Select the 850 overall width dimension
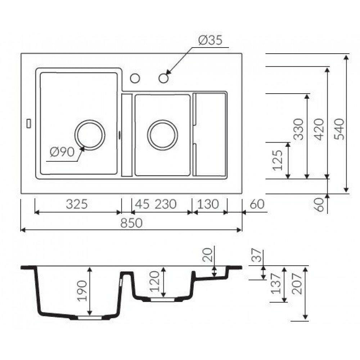tap(131, 223)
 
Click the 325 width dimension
tap(77, 204)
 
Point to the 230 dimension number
tap(166, 204)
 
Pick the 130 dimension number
tap(207, 204)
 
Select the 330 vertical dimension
tap(299, 129)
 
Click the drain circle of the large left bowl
tap(90, 135)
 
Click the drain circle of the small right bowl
tap(162, 135)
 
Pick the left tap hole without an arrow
tap(135, 78)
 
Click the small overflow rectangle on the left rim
tap(29, 123)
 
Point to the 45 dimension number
tap(141, 204)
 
